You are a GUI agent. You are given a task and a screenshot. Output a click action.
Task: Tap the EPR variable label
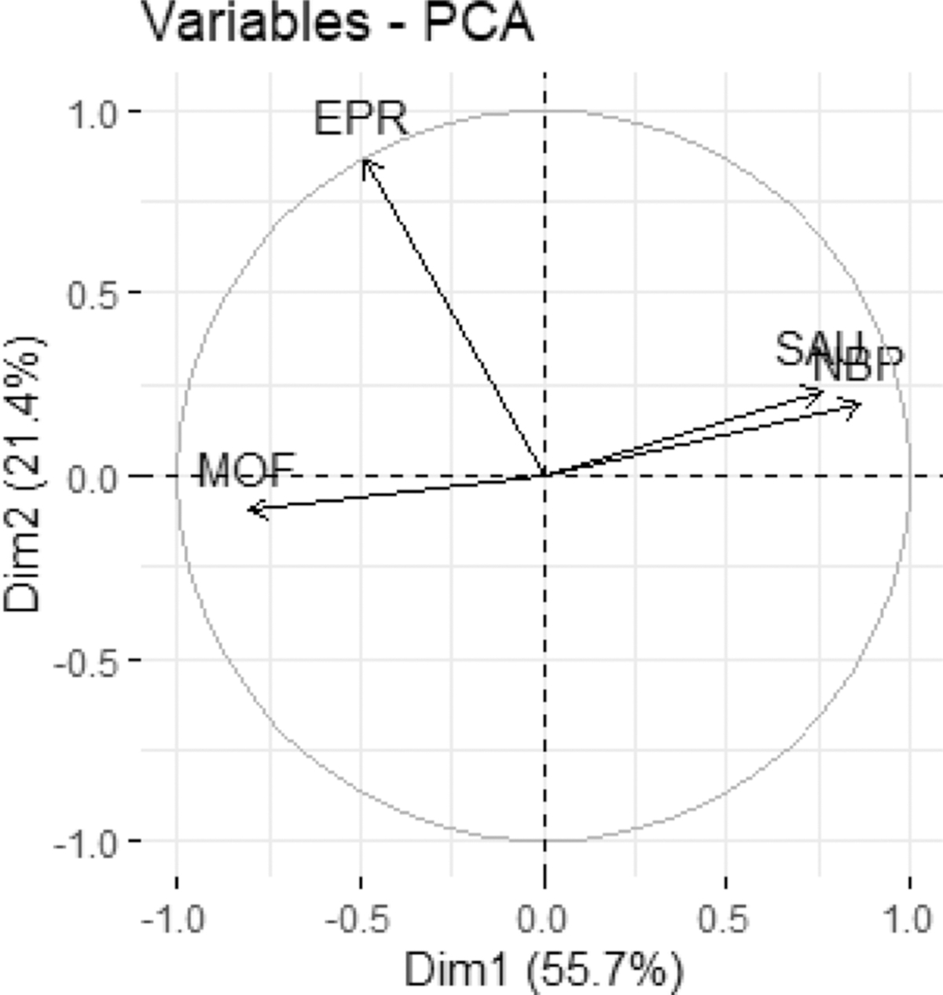tap(361, 119)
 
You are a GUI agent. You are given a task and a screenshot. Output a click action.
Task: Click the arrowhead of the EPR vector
tap(364, 159)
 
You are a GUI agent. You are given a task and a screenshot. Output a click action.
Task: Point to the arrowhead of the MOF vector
tap(249, 510)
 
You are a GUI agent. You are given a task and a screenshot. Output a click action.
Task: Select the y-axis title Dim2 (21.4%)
tap(24, 475)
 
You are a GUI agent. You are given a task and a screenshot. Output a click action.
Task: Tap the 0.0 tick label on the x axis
tap(544, 919)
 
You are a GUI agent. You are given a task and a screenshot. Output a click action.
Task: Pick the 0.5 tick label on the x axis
tap(726, 919)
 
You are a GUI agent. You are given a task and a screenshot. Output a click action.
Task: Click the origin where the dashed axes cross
tap(545, 475)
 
